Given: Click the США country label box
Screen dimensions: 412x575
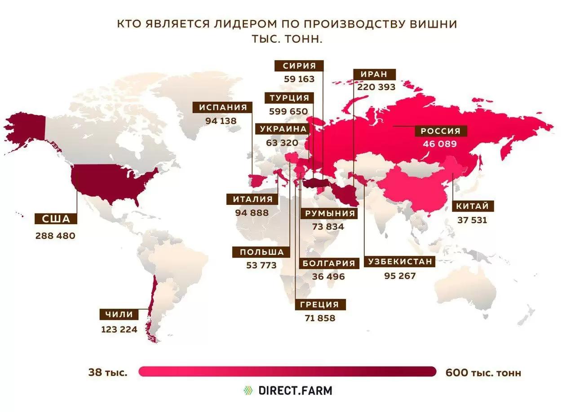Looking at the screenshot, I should pos(56,219).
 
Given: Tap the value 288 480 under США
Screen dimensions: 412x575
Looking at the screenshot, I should pos(56,235).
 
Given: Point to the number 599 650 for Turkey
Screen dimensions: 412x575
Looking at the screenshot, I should pos(288,111).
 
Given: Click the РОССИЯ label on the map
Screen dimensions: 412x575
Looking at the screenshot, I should pos(440,131).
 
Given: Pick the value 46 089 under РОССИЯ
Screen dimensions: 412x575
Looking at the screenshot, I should pos(440,144).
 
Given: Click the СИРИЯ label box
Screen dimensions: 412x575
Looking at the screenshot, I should pos(299,66).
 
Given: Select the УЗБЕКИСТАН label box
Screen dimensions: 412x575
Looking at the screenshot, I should pos(400,261).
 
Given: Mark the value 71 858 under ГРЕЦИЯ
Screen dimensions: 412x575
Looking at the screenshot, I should pos(320,318).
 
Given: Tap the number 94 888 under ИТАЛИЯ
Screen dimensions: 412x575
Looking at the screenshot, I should pos(252,213).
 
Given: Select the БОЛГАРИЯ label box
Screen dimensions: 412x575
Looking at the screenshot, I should pos(328,263).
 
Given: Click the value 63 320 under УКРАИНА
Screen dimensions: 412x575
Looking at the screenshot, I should pos(279,143).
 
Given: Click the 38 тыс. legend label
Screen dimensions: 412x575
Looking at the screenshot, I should pos(108,372).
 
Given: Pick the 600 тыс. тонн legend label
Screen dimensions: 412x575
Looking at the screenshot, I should pos(483,372).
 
